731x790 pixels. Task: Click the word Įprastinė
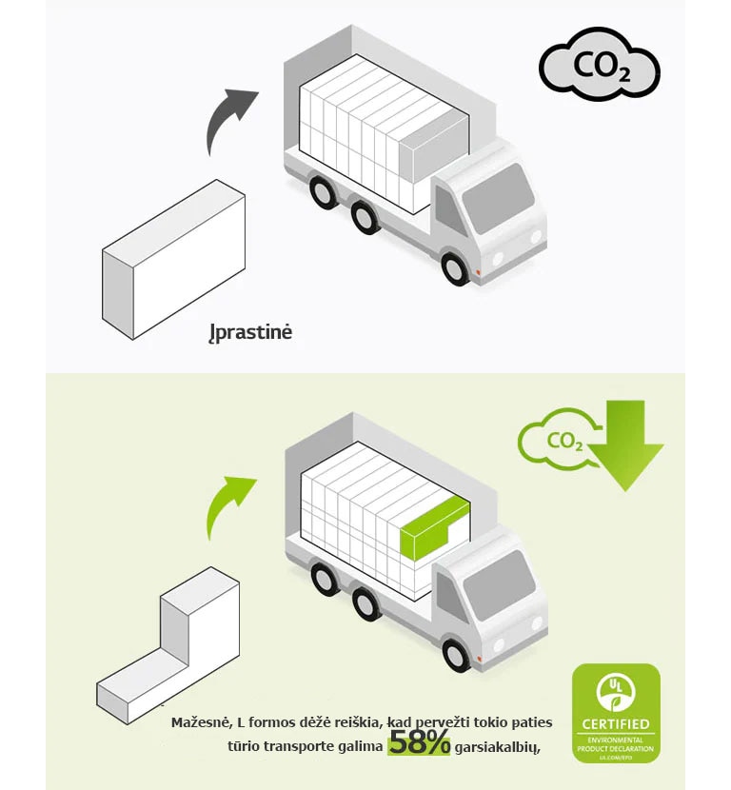(x=250, y=333)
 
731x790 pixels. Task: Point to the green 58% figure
(x=419, y=744)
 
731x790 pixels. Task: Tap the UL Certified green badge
(x=615, y=713)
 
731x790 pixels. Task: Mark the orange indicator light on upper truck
(x=480, y=276)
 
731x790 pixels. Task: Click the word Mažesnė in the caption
(x=200, y=723)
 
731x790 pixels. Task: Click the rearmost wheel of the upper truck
(x=324, y=193)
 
